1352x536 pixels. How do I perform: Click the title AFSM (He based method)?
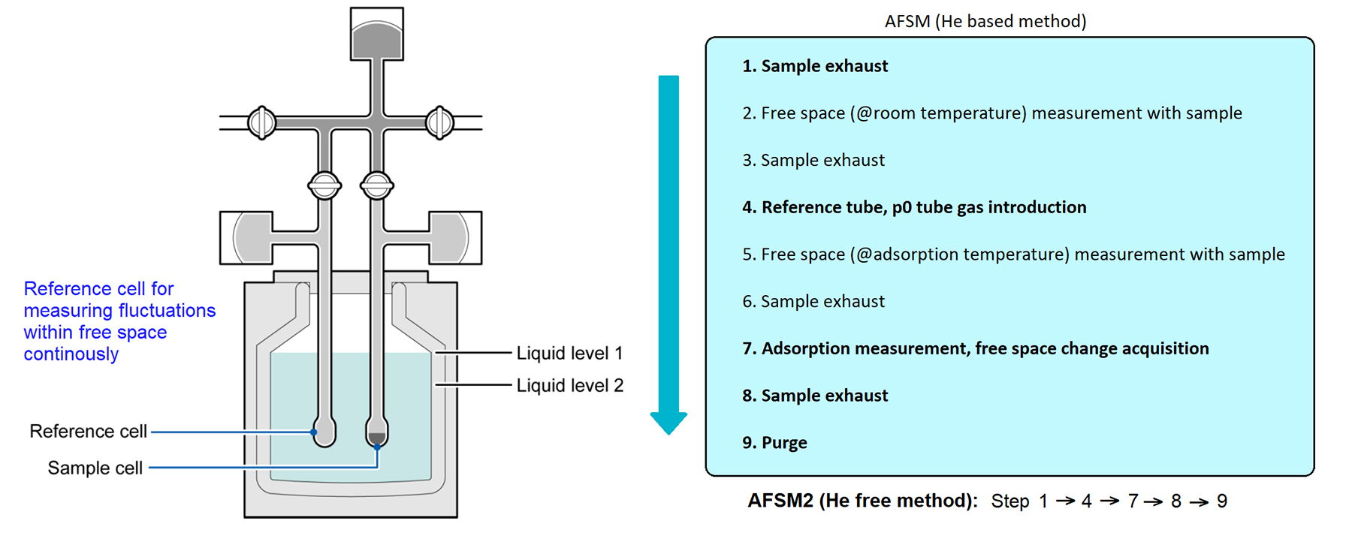point(985,21)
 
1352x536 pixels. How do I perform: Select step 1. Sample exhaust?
point(815,66)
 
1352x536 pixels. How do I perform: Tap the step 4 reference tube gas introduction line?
point(914,207)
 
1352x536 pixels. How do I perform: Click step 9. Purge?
point(774,443)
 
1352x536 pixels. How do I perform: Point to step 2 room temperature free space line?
point(992,113)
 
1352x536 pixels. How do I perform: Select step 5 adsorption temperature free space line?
point(1013,254)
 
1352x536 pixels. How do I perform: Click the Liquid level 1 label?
point(569,353)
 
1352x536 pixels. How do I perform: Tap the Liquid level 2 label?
point(569,385)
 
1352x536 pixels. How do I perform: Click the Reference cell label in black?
point(88,432)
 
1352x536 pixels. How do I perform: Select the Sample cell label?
point(95,468)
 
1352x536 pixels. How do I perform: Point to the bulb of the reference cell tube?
point(324,433)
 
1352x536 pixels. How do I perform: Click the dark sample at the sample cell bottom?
point(376,438)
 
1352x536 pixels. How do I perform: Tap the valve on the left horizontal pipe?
point(262,122)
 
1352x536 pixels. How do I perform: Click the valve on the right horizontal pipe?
point(439,122)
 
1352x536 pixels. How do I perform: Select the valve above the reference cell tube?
point(324,185)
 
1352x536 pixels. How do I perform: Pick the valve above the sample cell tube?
point(376,185)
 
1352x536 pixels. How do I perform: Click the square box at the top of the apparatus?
point(377,34)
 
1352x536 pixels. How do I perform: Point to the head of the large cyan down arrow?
point(668,423)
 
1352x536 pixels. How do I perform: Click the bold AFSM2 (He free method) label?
point(862,501)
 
